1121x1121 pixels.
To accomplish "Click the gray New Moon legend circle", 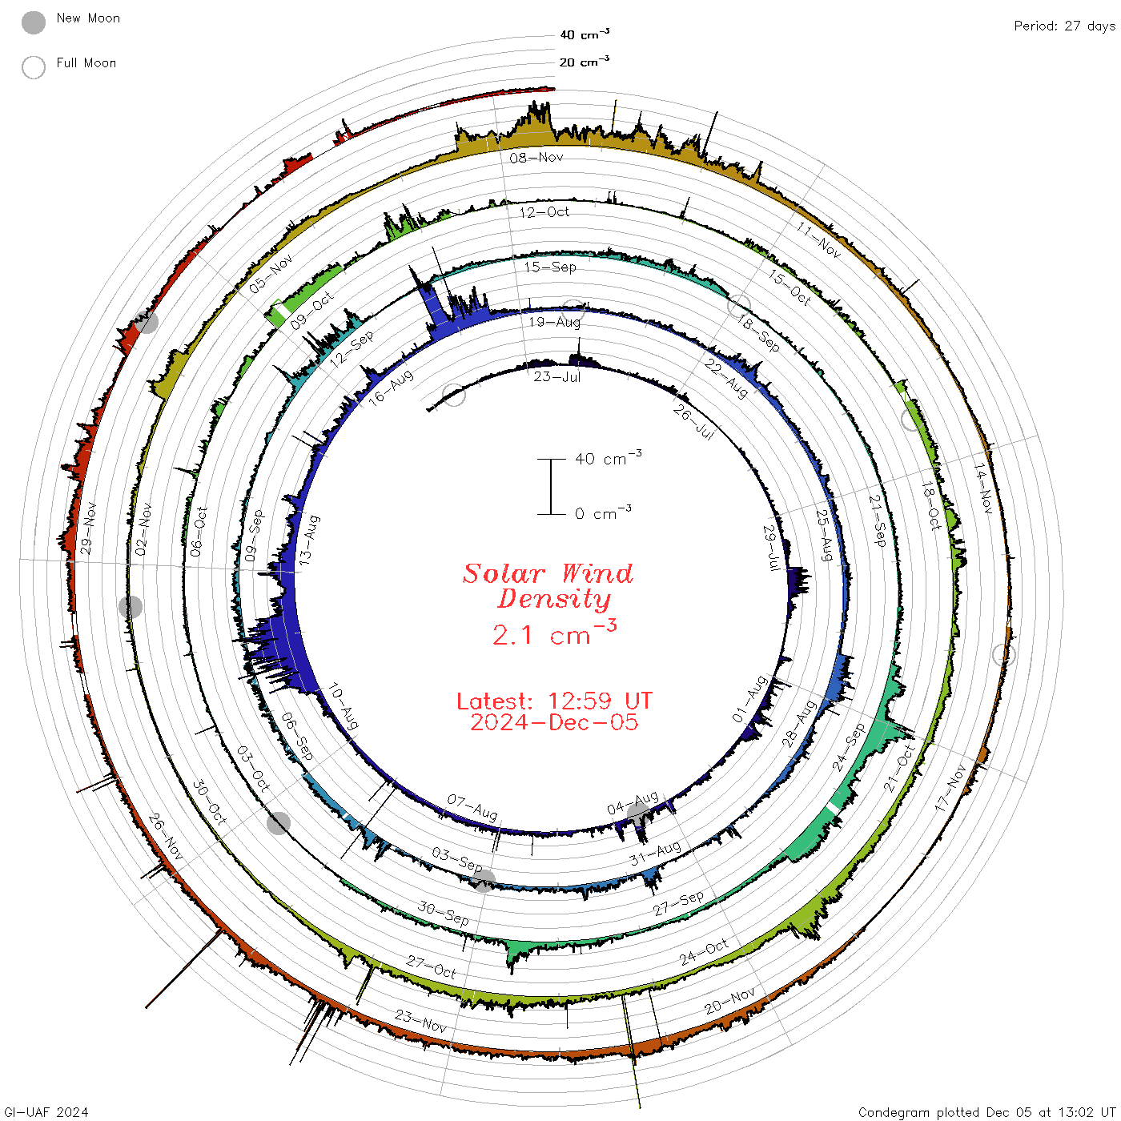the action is click(x=33, y=22).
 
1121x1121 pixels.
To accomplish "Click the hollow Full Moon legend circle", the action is click(x=33, y=67).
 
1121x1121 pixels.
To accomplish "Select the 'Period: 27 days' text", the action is click(x=1064, y=26).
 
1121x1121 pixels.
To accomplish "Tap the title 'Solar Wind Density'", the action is click(x=548, y=586).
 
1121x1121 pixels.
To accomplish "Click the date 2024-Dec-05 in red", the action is click(x=554, y=722).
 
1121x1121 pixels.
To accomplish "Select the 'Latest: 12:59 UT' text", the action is click(x=554, y=701).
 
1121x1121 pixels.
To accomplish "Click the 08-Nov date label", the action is click(x=536, y=157).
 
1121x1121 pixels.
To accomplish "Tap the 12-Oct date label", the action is click(x=544, y=212).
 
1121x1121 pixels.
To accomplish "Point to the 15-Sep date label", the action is click(x=550, y=267).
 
